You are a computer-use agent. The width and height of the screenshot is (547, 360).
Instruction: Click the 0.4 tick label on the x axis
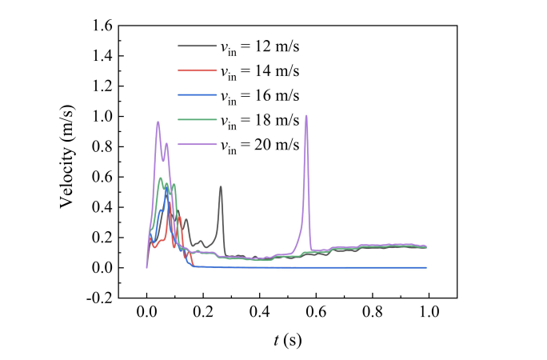pos(260,312)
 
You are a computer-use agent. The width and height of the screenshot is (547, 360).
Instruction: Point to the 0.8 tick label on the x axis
pos(373,312)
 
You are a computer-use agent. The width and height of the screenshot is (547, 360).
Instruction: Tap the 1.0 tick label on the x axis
pos(429,312)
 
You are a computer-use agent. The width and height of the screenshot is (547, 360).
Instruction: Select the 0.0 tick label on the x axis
pos(147,312)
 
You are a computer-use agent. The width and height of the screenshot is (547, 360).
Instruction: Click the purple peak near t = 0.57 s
pos(306,116)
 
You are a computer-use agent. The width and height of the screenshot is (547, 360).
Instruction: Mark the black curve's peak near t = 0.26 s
pos(221,187)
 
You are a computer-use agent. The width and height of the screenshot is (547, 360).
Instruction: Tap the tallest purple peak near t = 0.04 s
pos(158,122)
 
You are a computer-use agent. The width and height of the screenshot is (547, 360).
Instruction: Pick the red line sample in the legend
pos(196,71)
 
